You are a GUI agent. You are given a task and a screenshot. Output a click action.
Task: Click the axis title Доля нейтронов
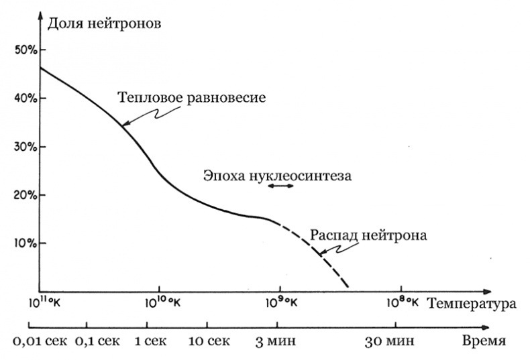click(105, 25)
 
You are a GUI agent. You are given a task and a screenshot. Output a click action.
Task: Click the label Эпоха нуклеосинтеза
click(277, 176)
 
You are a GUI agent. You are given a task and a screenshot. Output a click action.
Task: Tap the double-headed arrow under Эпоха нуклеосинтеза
click(280, 186)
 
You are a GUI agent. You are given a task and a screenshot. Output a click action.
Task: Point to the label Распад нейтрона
click(369, 236)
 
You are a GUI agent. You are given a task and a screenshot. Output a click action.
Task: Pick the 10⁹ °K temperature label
click(280, 302)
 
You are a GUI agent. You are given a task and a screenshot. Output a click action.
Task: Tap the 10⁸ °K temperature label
click(404, 302)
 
